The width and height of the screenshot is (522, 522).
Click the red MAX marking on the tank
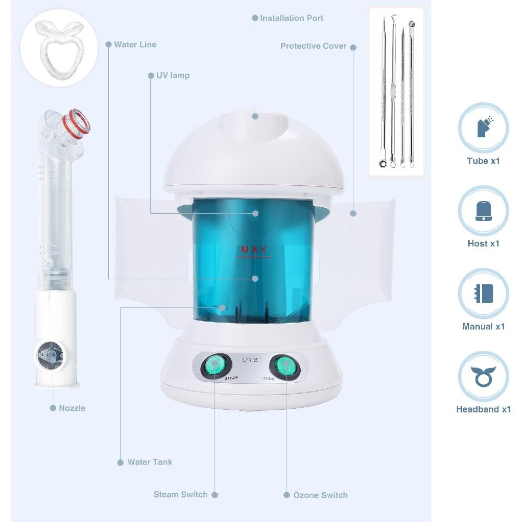coord(254,250)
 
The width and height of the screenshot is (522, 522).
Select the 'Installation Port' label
coord(291,18)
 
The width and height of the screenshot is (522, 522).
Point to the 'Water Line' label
coord(135,44)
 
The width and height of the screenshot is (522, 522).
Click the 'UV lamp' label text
coord(173,75)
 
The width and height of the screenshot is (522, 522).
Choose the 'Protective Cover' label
coord(313,46)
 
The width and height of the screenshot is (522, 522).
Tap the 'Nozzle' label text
coord(72,408)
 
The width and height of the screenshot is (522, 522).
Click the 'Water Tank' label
coord(150,462)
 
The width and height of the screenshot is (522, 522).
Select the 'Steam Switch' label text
coord(181,494)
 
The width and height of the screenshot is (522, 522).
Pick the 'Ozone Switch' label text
coord(321,495)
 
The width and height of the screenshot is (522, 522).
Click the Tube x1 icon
coord(483,128)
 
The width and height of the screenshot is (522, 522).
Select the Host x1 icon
coord(483,210)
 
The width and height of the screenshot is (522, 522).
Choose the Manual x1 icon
coord(483,293)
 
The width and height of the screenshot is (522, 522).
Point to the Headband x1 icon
coord(483,376)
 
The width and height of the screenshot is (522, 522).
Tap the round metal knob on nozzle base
coord(51,355)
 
